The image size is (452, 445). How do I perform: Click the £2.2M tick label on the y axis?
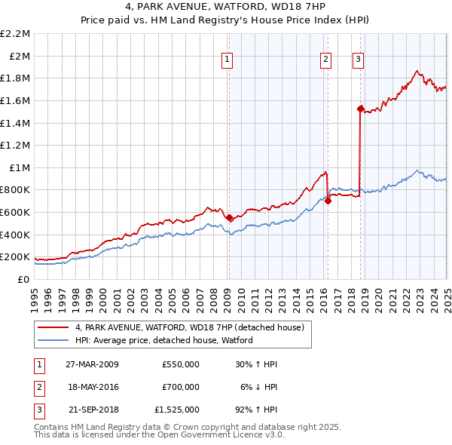[15, 34]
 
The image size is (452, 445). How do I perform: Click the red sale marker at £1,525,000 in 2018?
[361, 109]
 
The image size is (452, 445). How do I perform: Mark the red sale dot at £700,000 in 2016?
[328, 201]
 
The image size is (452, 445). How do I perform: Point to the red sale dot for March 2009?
[229, 217]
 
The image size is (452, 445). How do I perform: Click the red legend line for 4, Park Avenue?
[54, 327]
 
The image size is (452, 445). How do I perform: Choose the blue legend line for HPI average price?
[54, 340]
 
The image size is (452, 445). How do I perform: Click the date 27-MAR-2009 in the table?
[92, 364]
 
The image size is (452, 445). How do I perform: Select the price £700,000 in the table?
[180, 387]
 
